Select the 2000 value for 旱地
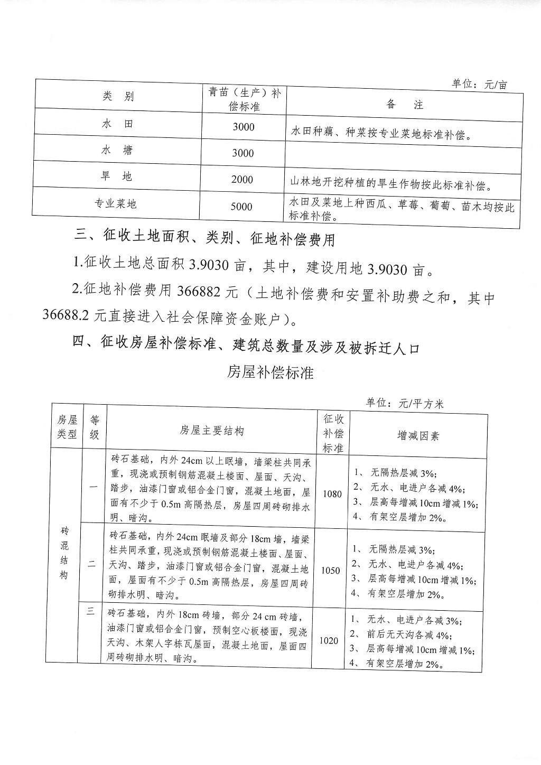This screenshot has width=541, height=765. point(242,180)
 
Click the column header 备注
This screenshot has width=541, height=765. point(405,104)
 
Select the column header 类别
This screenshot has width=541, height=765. point(118,96)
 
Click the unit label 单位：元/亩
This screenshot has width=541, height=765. point(479,84)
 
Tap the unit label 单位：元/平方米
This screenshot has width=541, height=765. point(405,404)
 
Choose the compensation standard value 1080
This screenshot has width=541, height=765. point(332,495)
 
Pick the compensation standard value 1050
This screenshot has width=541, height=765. point(331,571)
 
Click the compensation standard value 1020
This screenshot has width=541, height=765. point(329,641)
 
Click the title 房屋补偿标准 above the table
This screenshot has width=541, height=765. point(270,372)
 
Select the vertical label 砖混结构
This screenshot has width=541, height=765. point(64,553)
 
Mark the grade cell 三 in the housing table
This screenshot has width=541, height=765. point(90,611)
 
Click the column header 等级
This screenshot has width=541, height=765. point(95,427)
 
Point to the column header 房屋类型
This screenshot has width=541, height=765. point(67,426)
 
